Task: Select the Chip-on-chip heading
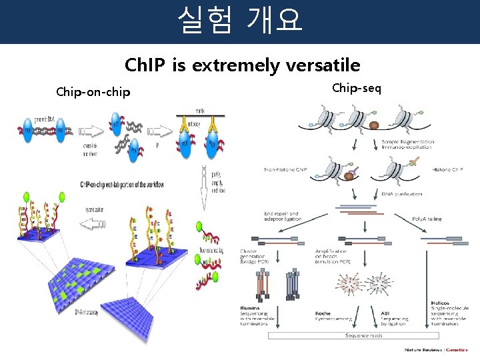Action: pyautogui.click(x=93, y=91)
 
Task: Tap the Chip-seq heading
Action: pyautogui.click(x=357, y=87)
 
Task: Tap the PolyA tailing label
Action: pyautogui.click(x=427, y=217)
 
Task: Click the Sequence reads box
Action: pyautogui.click(x=363, y=335)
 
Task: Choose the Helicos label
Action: pyautogui.click(x=440, y=303)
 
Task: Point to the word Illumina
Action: pyautogui.click(x=251, y=309)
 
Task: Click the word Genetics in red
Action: pyautogui.click(x=457, y=350)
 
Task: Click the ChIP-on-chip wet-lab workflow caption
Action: pyautogui.click(x=122, y=184)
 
